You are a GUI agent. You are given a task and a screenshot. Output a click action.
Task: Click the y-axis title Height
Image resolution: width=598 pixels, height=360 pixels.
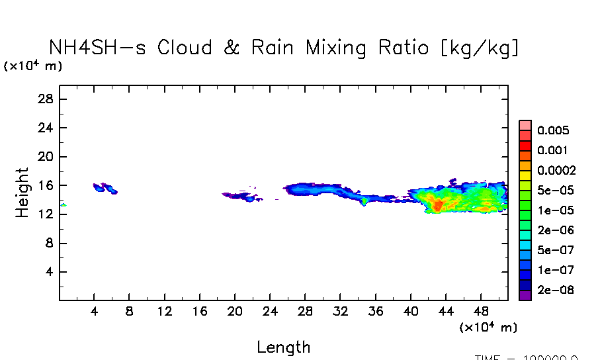(x=22, y=193)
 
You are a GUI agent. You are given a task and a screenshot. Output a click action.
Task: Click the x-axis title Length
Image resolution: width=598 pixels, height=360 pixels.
(x=283, y=347)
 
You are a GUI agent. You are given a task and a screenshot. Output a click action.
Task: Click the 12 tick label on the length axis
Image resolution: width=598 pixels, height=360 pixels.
(x=165, y=311)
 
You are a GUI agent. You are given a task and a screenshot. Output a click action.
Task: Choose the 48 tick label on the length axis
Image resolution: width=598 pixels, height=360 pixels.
(x=482, y=311)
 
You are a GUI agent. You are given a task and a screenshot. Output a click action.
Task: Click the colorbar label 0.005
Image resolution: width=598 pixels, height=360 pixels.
(x=553, y=130)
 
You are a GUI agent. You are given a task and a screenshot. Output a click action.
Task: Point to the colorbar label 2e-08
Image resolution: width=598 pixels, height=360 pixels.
(x=555, y=290)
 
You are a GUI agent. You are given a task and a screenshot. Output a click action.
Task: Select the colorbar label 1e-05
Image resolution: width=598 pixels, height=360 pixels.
(x=555, y=210)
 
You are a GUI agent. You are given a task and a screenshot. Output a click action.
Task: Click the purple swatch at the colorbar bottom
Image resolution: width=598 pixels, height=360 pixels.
(x=525, y=295)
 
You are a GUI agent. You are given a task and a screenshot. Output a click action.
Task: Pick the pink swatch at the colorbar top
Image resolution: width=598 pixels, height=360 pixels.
(x=525, y=125)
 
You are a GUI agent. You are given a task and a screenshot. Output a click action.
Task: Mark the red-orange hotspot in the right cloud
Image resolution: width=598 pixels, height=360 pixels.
(x=437, y=206)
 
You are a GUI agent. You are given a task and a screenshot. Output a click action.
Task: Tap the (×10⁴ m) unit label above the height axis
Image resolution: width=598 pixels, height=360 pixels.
(x=33, y=66)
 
